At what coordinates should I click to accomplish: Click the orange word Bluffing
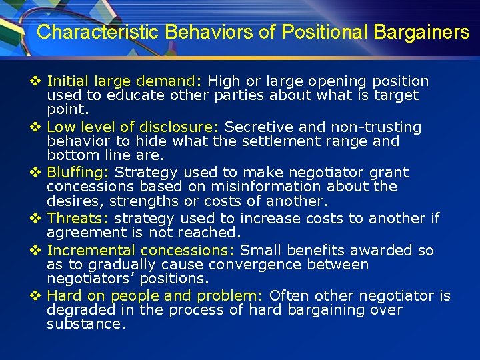pyautogui.click(x=79, y=173)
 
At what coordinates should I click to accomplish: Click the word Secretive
pyautogui.click(x=256, y=127)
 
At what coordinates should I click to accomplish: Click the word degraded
pyautogui.click(x=75, y=310)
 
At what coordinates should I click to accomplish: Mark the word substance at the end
pyautogui.click(x=86, y=324)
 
